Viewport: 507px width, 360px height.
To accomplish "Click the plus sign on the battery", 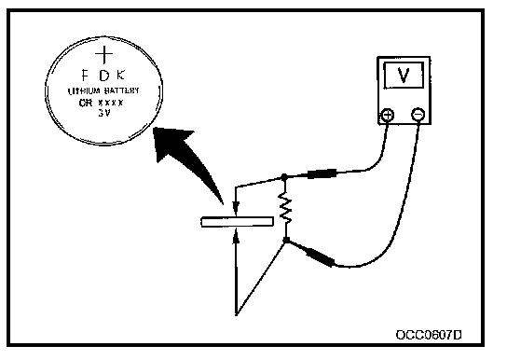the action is coord(104,54).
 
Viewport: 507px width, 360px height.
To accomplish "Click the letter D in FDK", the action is coord(104,76).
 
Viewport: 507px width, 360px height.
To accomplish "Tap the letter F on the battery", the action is coord(85,76).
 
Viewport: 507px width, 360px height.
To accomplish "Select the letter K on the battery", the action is coord(120,76).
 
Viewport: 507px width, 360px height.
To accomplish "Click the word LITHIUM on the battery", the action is coord(84,91).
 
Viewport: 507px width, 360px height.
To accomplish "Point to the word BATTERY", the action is coord(121,90).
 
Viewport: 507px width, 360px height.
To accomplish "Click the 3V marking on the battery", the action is coord(104,113).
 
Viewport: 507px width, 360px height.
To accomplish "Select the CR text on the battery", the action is coord(85,103).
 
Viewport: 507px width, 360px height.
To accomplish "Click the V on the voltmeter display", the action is coord(404,75).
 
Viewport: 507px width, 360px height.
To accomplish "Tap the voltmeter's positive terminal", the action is coord(388,115).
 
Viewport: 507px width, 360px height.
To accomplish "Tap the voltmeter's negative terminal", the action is coord(418,115).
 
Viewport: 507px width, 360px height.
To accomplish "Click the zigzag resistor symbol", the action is coord(285,208).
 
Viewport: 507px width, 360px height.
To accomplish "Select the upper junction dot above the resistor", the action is coord(284,177).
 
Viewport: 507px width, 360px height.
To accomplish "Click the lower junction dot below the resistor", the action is coord(286,240).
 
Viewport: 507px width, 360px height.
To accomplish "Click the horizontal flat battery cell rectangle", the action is coord(238,222).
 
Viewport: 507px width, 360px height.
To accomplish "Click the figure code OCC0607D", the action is coord(429,335).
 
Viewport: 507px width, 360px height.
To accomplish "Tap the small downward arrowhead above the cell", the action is coord(236,206).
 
